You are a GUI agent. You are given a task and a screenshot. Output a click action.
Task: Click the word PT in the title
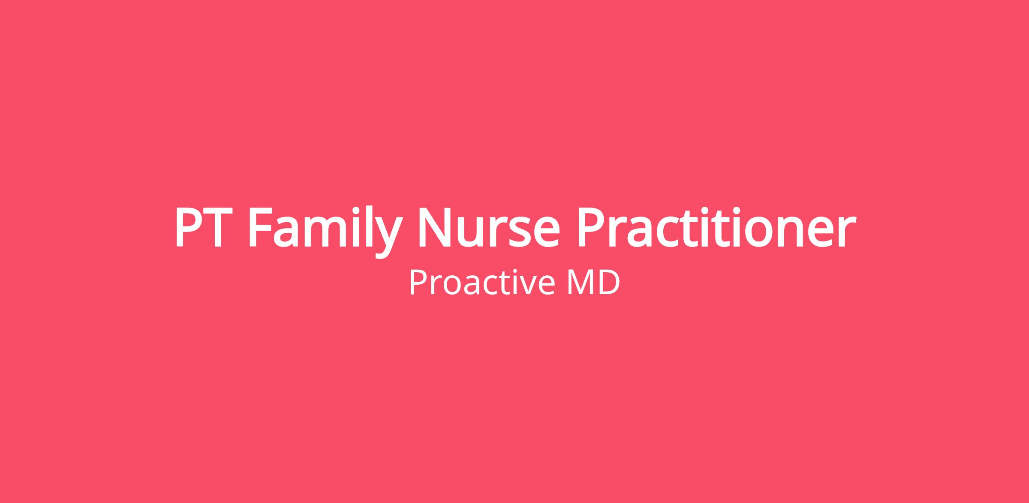coord(199,228)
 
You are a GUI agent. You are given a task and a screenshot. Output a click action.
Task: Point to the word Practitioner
coord(716,227)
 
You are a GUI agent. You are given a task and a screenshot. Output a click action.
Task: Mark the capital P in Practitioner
coord(592,228)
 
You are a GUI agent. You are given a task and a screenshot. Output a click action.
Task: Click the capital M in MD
coord(581,282)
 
